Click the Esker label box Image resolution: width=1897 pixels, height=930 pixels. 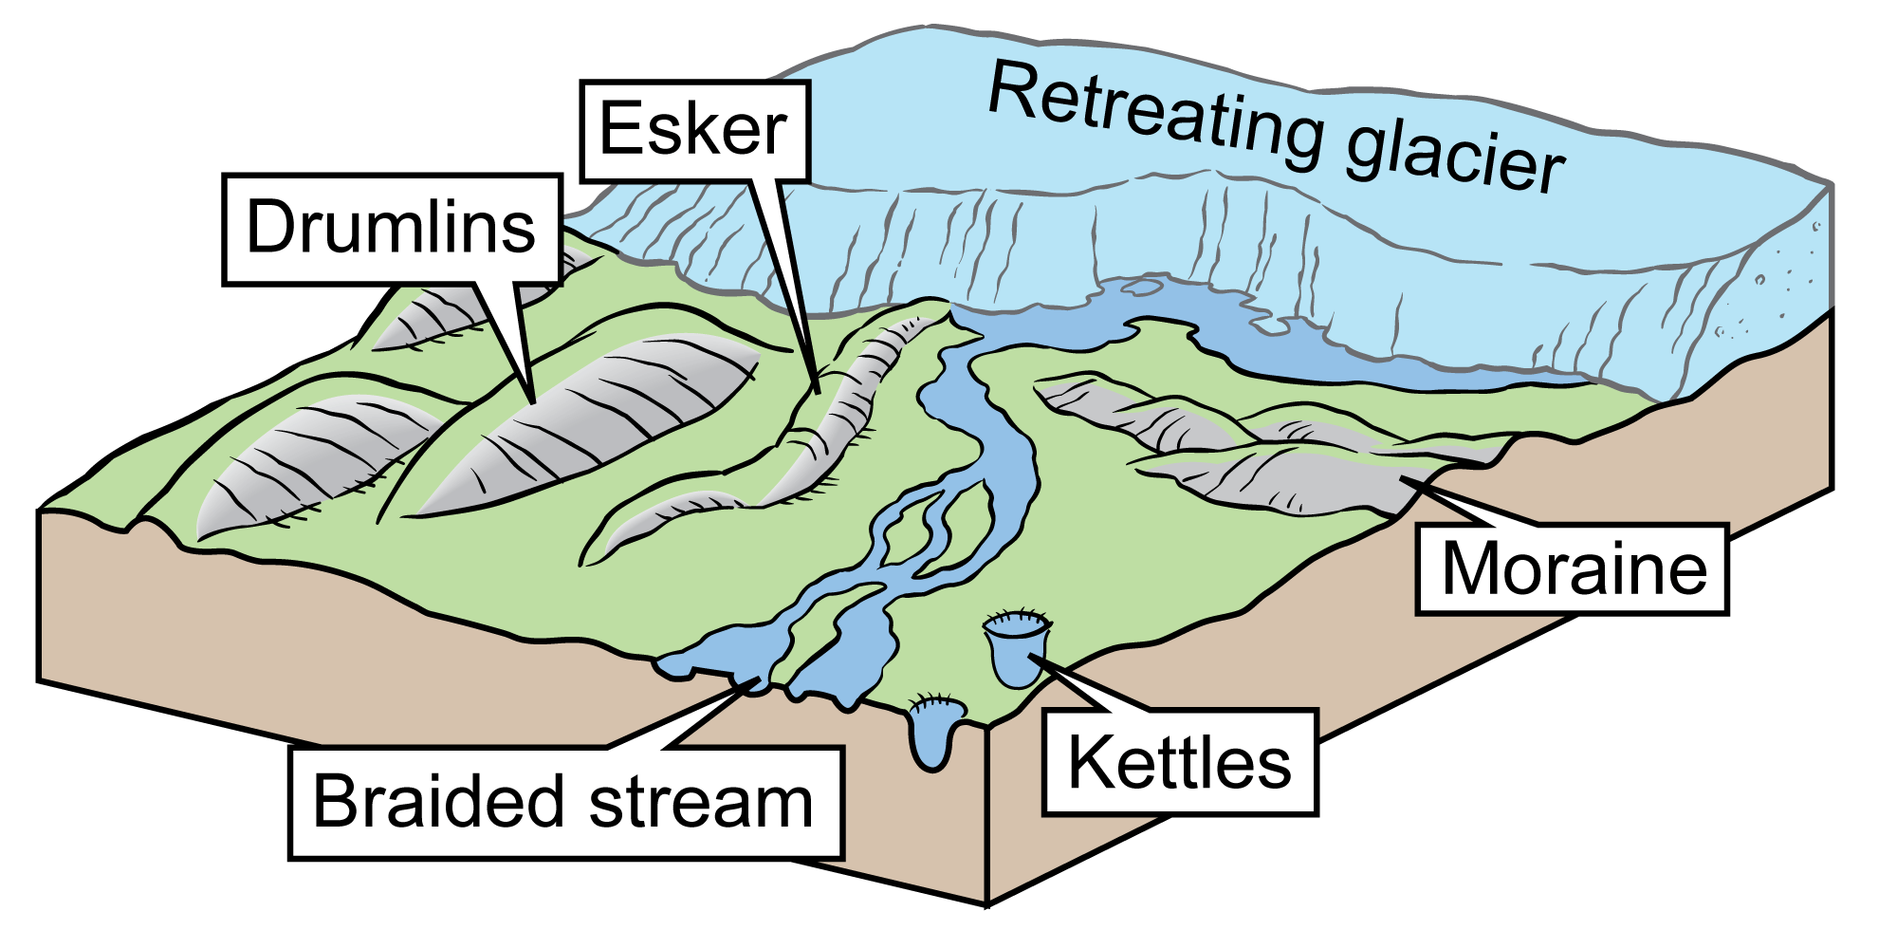693,131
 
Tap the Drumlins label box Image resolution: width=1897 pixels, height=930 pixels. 392,229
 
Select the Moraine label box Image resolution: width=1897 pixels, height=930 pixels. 1572,569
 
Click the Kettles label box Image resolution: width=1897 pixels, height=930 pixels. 1180,763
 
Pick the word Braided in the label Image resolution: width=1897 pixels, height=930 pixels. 438,803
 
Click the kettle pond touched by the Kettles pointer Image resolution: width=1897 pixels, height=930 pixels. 1015,650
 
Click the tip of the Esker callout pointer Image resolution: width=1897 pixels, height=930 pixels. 817,390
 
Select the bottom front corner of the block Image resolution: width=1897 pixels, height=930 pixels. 987,900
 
